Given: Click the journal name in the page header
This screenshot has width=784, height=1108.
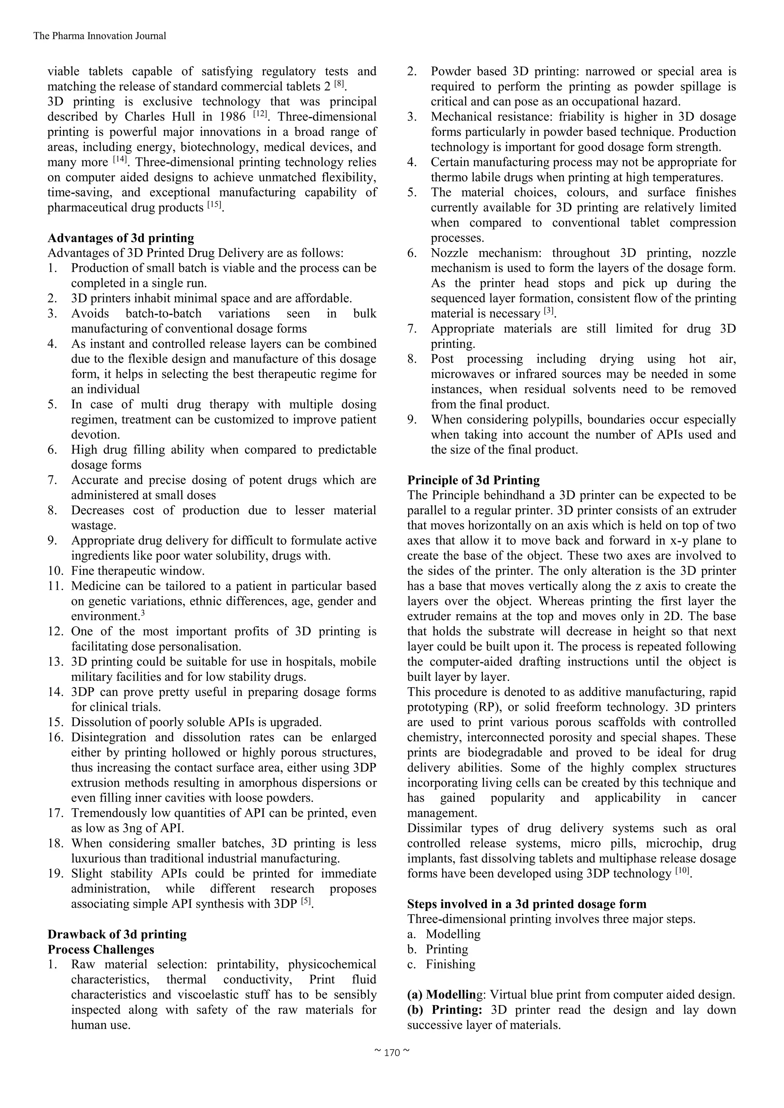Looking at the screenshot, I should coord(100,36).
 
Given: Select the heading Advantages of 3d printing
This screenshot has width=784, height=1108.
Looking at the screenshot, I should coord(121,238).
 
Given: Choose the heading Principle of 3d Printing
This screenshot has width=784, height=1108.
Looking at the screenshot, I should coord(473,480).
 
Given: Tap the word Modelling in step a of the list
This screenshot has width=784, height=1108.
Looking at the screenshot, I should coord(453,934).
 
